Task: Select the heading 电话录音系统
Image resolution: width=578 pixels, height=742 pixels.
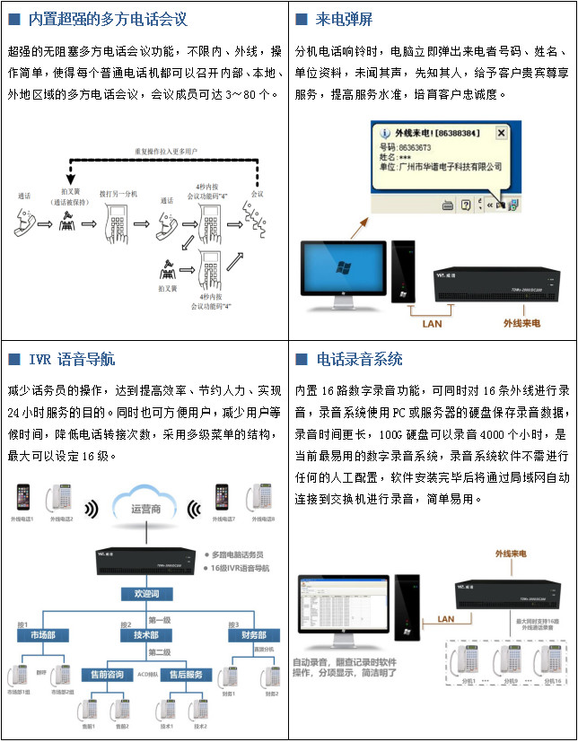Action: [359, 359]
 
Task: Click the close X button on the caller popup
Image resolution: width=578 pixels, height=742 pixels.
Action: [501, 133]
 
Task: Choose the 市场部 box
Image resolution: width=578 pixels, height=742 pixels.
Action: [43, 635]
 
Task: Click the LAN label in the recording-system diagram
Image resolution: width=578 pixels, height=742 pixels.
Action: [445, 618]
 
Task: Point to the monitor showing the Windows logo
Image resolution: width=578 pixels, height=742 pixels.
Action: [343, 269]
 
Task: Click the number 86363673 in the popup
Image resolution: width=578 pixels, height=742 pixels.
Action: [414, 147]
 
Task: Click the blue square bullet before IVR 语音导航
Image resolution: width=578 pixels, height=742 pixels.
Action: [13, 359]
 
